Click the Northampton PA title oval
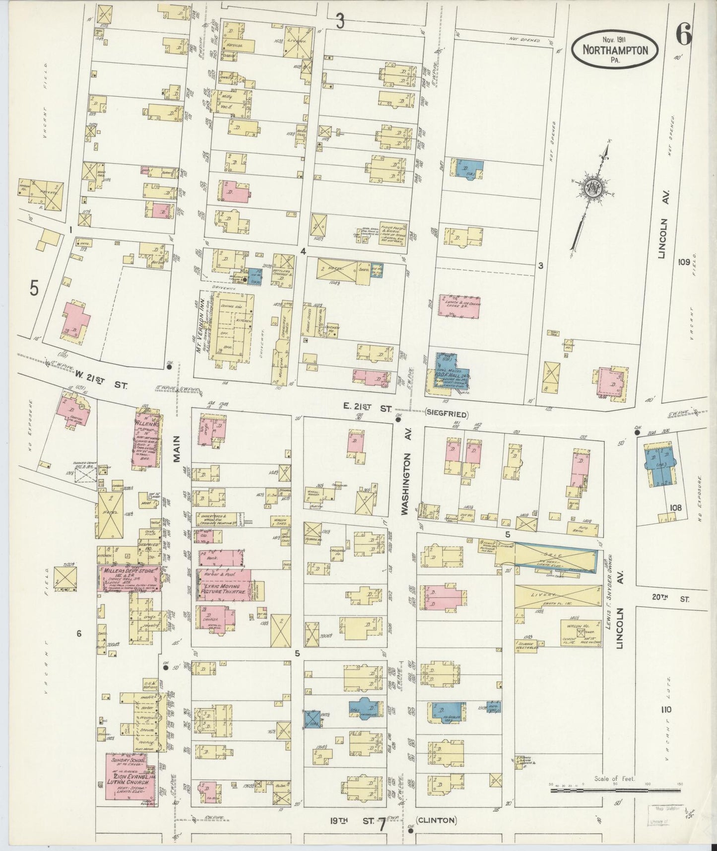click(x=615, y=50)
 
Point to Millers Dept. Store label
click(x=130, y=572)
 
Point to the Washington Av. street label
click(x=405, y=482)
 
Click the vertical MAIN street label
click(x=176, y=447)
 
